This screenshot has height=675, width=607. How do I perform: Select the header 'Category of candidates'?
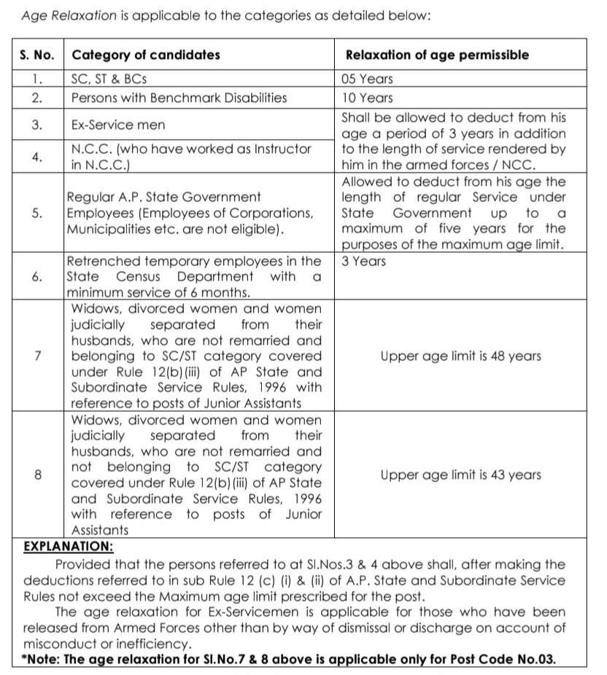click(x=145, y=55)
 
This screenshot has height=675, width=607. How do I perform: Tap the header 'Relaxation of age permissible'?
click(x=436, y=55)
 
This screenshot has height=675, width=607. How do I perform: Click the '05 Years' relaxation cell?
click(x=367, y=79)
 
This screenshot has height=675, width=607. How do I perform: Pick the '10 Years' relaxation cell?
click(x=367, y=98)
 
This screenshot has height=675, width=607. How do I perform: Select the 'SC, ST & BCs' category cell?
click(x=112, y=79)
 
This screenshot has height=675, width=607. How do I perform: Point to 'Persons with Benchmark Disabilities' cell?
click(x=179, y=98)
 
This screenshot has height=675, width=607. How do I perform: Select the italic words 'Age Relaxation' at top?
click(x=65, y=15)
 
